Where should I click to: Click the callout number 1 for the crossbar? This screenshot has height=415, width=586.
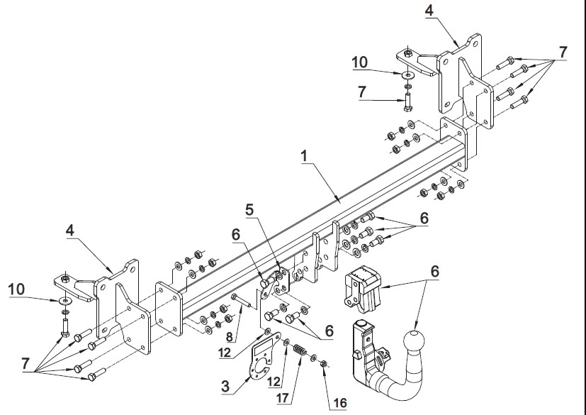[305, 156]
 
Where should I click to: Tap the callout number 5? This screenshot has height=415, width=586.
[249, 210]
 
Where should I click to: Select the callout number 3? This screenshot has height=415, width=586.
[225, 386]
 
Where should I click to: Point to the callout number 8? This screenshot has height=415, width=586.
[230, 337]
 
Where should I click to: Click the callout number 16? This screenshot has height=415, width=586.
[340, 403]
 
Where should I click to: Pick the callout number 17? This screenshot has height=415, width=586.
[283, 397]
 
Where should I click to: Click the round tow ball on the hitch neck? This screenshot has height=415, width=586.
[414, 341]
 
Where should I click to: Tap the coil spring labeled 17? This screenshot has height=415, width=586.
[300, 350]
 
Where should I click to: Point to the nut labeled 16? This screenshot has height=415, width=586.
[324, 363]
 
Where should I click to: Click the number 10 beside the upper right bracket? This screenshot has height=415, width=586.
[360, 62]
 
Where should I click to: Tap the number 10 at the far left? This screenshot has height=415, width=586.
[16, 289]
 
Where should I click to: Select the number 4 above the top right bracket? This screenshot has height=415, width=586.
[429, 10]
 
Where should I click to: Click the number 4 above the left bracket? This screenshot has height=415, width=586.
[70, 231]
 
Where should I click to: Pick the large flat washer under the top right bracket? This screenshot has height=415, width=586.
[408, 75]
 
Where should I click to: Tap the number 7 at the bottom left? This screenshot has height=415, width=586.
[26, 363]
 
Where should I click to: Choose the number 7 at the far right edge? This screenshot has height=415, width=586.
[563, 52]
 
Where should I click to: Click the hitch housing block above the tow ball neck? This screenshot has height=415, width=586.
[362, 289]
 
